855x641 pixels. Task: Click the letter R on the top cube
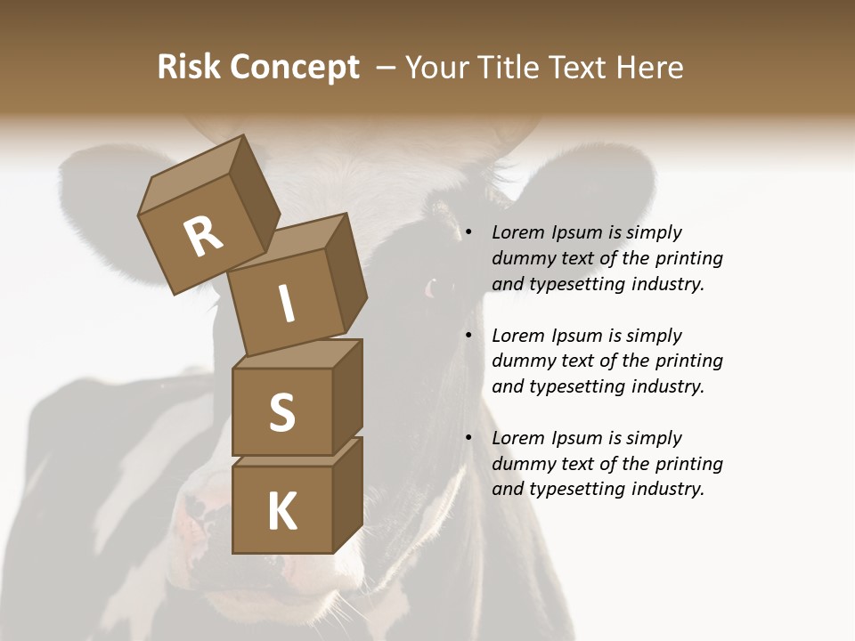coord(204,238)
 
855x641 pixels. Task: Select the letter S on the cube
coord(281,413)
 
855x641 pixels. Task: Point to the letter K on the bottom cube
coord(281,512)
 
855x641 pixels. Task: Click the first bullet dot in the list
coord(468,233)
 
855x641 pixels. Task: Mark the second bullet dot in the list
coord(468,336)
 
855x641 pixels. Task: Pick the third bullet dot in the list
coord(468,438)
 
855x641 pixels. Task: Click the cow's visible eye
coord(434,288)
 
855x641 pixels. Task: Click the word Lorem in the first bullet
coord(517,233)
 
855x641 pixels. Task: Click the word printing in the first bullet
coord(689,259)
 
